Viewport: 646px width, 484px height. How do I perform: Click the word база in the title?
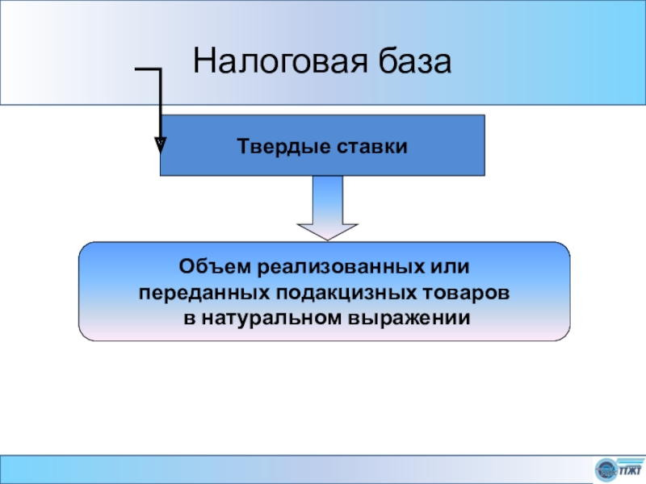(417, 62)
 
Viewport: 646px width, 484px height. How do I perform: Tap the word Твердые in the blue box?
(276, 146)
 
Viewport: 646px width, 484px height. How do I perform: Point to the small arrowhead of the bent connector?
(160, 145)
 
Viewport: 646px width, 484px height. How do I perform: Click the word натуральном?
(271, 317)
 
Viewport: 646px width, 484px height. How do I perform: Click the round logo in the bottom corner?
(606, 469)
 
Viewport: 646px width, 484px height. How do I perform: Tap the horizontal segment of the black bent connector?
(148, 71)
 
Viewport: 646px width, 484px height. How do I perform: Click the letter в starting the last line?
(188, 317)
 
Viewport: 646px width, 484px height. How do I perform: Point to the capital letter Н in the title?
(203, 62)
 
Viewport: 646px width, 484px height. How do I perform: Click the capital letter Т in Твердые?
(242, 146)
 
